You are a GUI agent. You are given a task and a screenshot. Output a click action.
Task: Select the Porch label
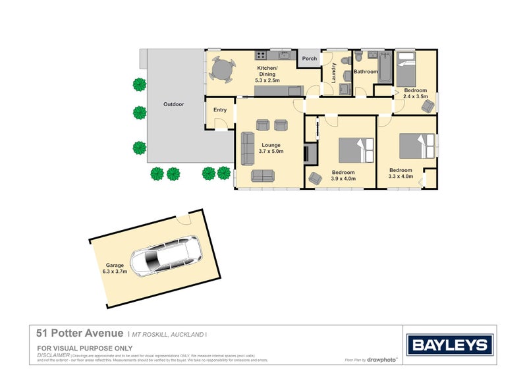(x=310, y=59)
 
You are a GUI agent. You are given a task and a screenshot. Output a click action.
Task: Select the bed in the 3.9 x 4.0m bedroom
(x=356, y=150)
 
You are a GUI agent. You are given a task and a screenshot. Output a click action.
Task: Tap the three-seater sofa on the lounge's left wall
(x=248, y=146)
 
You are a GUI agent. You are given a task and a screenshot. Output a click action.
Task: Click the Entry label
(x=219, y=110)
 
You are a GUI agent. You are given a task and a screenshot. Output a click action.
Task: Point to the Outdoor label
(x=173, y=104)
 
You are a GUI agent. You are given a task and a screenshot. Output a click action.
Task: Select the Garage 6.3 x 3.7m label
(x=114, y=267)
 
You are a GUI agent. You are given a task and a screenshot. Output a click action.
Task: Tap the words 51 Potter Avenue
(x=79, y=335)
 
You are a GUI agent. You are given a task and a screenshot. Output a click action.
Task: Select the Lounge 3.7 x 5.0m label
(x=271, y=148)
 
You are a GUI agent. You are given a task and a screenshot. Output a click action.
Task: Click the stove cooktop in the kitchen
(x=262, y=55)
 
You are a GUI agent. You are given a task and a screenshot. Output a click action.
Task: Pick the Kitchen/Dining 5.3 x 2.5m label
(x=267, y=74)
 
